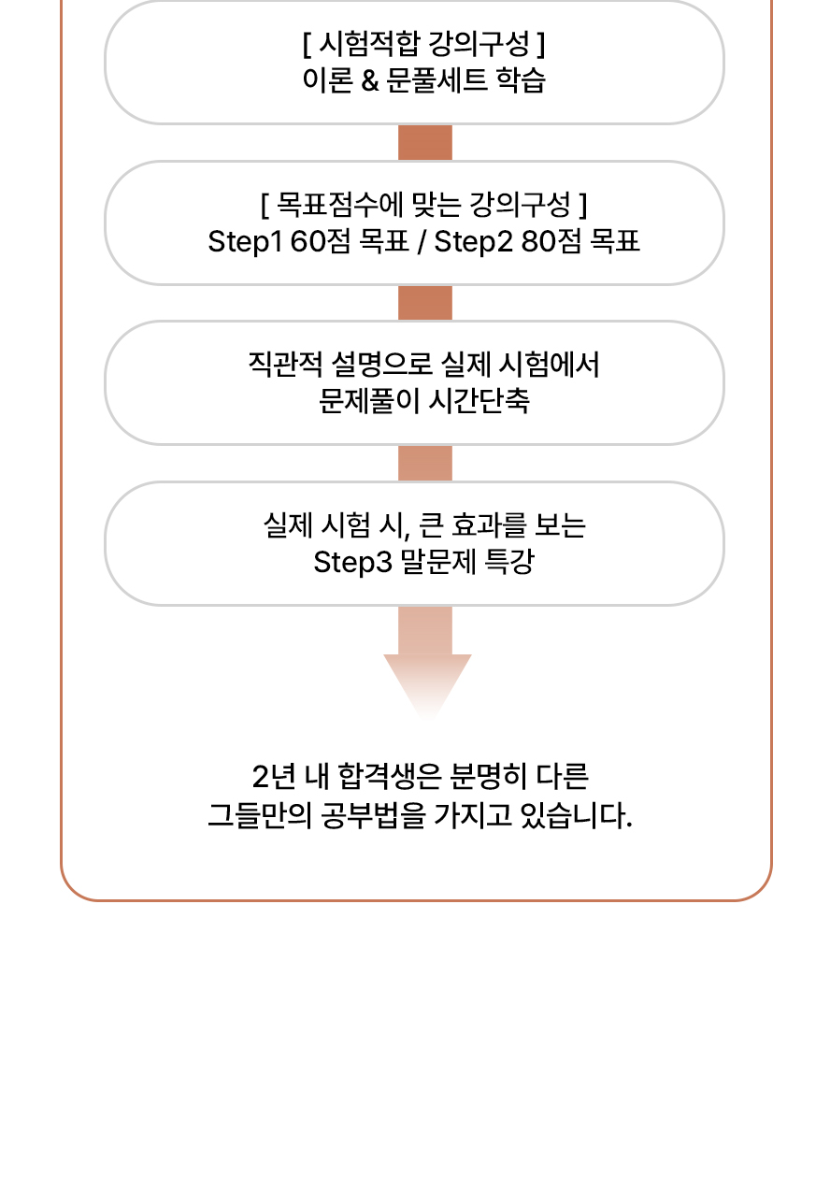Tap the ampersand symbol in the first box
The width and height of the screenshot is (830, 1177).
[370, 81]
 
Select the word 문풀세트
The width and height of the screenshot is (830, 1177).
[436, 81]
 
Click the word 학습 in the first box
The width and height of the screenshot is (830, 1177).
[521, 81]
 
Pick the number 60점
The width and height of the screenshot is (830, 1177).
[320, 242]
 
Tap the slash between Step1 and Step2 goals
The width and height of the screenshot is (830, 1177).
[421, 242]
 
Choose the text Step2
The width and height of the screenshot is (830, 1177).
[473, 242]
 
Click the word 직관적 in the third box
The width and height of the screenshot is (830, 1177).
[285, 365]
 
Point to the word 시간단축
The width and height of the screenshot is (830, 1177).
[479, 401]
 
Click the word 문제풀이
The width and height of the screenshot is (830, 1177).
[369, 401]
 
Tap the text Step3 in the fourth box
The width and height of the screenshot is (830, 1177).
[353, 563]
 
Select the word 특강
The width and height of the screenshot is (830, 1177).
[508, 562]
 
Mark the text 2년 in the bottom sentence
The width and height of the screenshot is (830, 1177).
[274, 777]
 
